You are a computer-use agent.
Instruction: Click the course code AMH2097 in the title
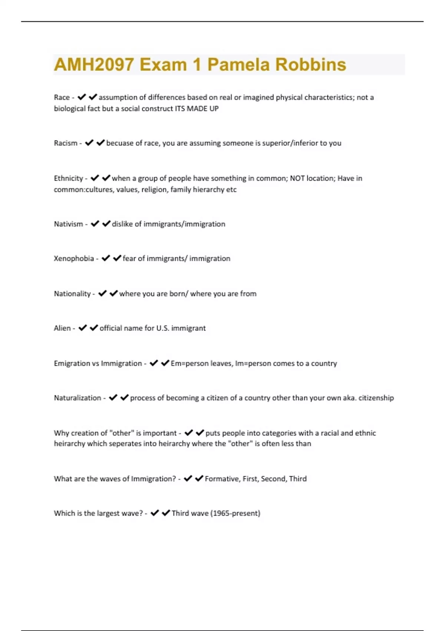[94, 65]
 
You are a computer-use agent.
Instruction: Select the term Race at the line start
[62, 97]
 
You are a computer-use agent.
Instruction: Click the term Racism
[66, 143]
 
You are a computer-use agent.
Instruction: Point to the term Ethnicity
[68, 178]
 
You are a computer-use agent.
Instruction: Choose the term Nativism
[68, 224]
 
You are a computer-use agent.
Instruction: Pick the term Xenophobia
[74, 258]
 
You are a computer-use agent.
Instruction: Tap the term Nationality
[72, 294]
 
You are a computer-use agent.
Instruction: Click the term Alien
[62, 328]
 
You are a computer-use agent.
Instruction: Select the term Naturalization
[77, 398]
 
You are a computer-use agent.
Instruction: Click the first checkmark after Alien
[83, 328]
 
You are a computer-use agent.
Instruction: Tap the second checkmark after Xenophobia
[117, 258]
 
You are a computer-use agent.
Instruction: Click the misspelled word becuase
[119, 143]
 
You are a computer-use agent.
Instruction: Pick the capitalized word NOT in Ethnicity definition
[297, 178]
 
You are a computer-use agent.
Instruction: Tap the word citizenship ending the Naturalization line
[376, 398]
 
